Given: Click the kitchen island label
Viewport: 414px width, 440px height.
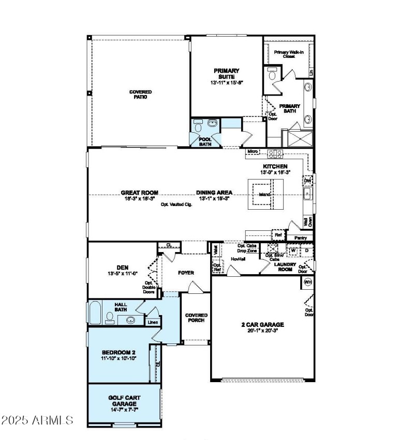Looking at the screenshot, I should (264, 195).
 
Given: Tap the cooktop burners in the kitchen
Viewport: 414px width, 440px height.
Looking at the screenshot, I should (274, 153).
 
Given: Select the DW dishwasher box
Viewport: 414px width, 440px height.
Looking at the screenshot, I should (307, 180).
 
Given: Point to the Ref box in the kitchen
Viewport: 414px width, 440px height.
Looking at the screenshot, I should (278, 235).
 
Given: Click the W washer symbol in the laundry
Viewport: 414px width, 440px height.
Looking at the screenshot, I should (293, 250).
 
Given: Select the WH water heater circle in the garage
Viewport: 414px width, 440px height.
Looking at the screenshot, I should (307, 282).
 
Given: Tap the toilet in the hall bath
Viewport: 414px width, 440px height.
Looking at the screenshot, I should (110, 317).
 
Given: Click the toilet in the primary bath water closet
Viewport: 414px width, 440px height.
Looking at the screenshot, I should (272, 75).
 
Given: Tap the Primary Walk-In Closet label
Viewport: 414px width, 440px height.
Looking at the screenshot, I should (288, 54).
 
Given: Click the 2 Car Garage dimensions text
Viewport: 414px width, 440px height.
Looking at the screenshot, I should (262, 331).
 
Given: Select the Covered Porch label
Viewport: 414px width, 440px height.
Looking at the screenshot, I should (196, 318).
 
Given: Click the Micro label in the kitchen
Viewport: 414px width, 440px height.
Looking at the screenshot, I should (252, 151).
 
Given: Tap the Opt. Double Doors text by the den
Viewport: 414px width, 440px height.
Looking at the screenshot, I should (149, 287).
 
